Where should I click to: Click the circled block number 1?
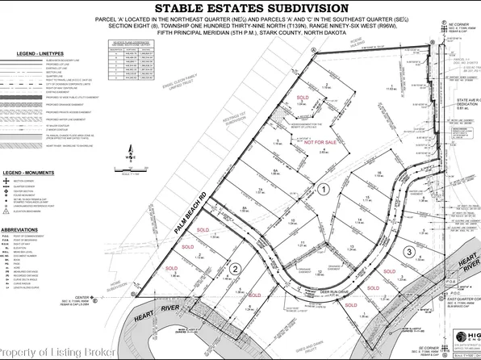click(323, 190)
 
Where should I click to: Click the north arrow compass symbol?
click(128, 151)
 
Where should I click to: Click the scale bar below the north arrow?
click(128, 170)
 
